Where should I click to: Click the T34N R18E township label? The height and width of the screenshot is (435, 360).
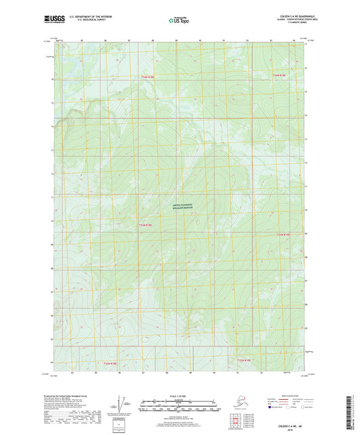click(x=147, y=78)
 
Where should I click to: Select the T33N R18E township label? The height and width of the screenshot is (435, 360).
click(x=147, y=225)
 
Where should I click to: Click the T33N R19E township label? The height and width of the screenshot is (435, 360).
click(x=287, y=234)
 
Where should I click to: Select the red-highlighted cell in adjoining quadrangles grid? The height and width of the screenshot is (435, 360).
click(x=236, y=421)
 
